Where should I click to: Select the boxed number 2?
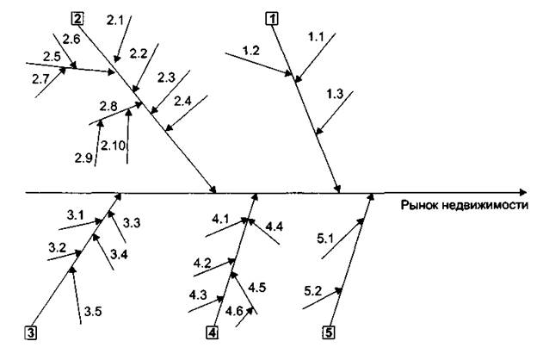[78, 17]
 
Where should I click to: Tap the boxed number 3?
[31, 332]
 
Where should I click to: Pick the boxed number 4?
[213, 332]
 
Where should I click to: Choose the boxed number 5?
[329, 332]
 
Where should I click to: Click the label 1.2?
[251, 52]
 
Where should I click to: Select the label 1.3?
[335, 93]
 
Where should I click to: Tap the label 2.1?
[114, 18]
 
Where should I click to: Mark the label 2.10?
[114, 146]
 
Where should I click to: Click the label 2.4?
[183, 101]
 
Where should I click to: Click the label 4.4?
[275, 227]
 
